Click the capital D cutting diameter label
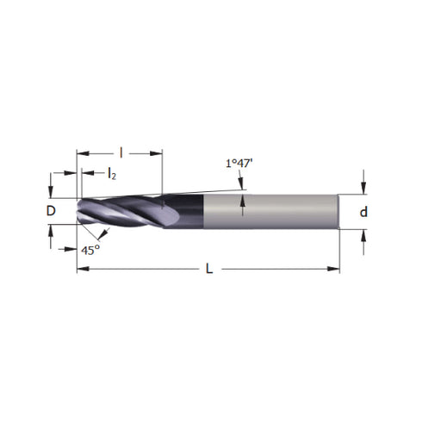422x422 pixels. [x=51, y=211]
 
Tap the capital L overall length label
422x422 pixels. [x=209, y=270]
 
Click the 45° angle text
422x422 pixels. [x=90, y=250]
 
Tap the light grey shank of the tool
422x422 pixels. [x=271, y=212]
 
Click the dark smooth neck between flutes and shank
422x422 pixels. [x=183, y=211]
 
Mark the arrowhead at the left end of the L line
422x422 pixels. [x=82, y=270]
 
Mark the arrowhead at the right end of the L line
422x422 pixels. [x=335, y=270]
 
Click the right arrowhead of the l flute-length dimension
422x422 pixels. [x=158, y=153]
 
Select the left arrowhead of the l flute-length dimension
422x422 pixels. [x=82, y=153]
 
